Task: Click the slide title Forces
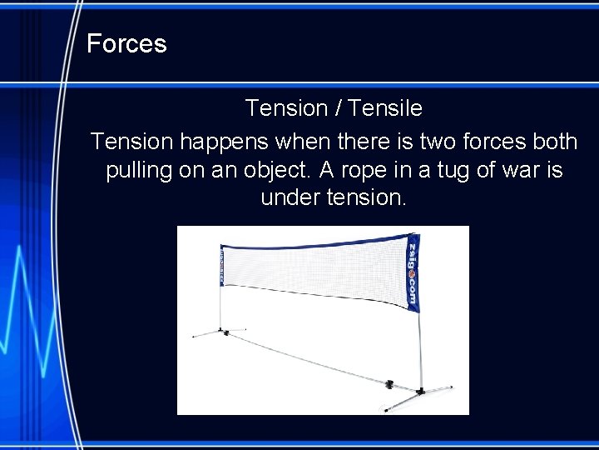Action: (126, 43)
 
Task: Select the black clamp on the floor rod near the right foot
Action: (389, 384)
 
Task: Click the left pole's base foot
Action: (225, 332)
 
